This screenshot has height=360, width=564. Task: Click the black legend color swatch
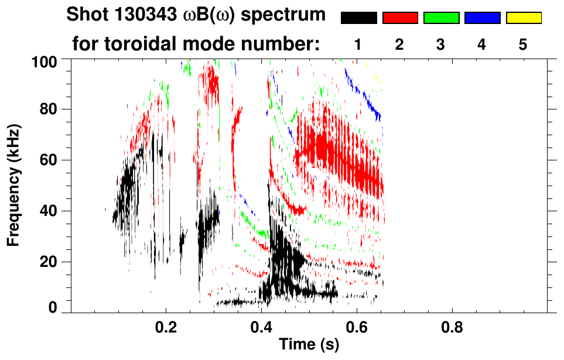(359, 18)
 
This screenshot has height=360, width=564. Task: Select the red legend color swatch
(400, 18)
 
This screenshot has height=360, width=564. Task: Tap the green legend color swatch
(441, 18)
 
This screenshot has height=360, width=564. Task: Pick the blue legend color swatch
(482, 18)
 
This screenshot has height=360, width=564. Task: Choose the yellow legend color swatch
(523, 18)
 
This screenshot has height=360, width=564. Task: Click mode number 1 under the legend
(358, 44)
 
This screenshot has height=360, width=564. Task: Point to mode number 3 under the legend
(440, 44)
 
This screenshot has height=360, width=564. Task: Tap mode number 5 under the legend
(522, 44)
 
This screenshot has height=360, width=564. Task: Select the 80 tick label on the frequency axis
(54, 109)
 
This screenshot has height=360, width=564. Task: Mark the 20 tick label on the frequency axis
(54, 261)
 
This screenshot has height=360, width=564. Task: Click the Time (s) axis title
(309, 345)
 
